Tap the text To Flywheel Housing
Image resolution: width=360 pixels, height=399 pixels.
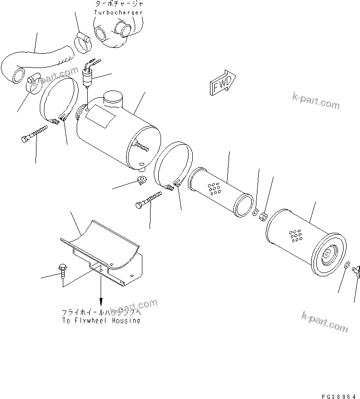coord(101,320)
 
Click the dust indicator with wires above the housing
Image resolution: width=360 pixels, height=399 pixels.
coord(88,77)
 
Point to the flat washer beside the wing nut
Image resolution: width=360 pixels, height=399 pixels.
coord(347,266)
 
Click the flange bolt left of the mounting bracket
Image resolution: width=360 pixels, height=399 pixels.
coord(62,270)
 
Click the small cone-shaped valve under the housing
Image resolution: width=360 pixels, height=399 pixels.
coord(140,180)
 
